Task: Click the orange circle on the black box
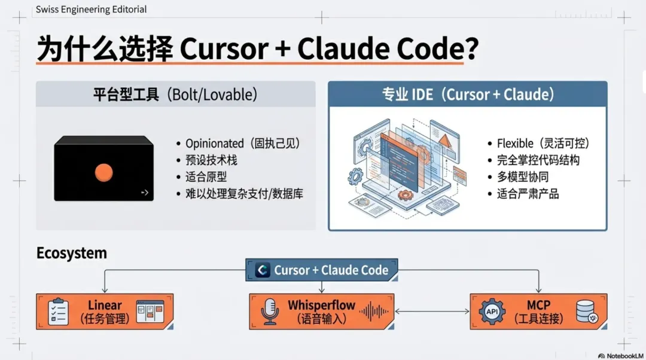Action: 103,173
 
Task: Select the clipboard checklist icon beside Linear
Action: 58,311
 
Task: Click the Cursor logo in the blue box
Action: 262,270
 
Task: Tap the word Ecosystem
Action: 72,253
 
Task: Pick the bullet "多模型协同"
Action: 522,177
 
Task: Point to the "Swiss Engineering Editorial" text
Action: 91,10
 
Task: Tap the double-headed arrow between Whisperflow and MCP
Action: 432,311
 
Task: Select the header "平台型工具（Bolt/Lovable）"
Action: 175,94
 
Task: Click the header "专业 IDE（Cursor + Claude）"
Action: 468,94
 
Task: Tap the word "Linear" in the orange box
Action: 105,305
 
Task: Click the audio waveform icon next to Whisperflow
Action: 373,311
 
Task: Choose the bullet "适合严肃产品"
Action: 528,194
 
